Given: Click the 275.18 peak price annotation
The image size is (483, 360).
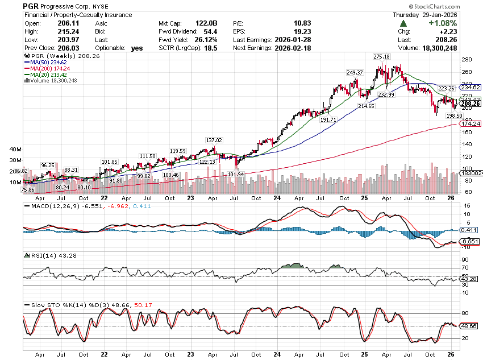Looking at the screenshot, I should coord(381,57).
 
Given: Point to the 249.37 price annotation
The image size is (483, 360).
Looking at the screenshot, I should coord(355,73).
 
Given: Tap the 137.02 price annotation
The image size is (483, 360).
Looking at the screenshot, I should coord(214,140).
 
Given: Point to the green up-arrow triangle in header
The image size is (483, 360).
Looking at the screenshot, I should coord(403,23).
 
